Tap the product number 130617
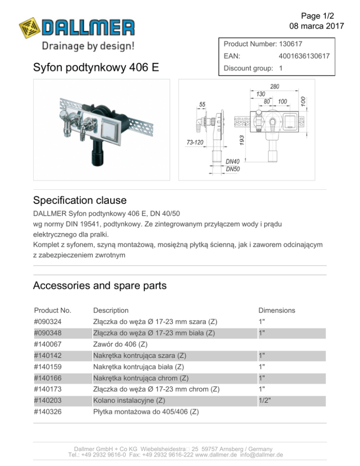(x=290, y=44)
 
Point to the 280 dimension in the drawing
(x=275, y=87)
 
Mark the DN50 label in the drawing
(x=233, y=169)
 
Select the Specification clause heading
(x=80, y=201)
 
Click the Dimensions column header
(x=277, y=310)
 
